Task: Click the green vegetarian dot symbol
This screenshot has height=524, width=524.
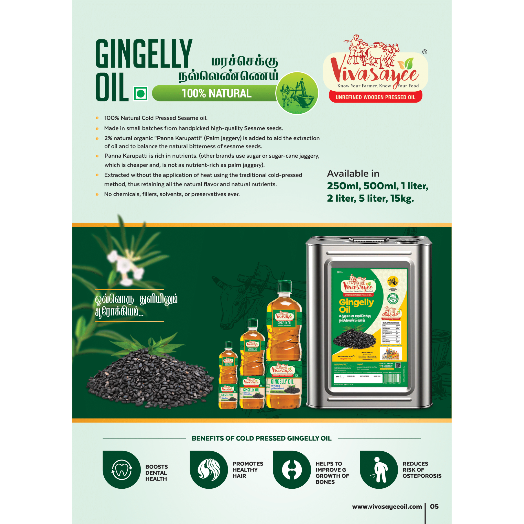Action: coord(141,94)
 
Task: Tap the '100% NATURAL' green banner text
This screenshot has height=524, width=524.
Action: coord(216,94)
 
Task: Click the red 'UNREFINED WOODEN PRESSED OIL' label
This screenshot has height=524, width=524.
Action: coord(375,97)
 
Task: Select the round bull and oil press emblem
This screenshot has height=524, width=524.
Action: coord(297,93)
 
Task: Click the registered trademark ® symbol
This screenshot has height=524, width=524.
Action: coord(424,52)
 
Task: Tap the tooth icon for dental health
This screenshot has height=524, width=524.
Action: coord(122,470)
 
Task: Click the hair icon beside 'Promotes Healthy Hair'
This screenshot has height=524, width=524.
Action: coord(209,470)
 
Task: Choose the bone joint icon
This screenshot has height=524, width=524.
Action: coord(292,470)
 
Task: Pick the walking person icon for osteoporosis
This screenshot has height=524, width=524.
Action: coord(379,470)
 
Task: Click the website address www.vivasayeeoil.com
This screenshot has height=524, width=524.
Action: coord(387,507)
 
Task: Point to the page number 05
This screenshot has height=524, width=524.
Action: coord(434,506)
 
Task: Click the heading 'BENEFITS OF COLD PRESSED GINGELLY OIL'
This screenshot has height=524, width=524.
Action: coord(261,438)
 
